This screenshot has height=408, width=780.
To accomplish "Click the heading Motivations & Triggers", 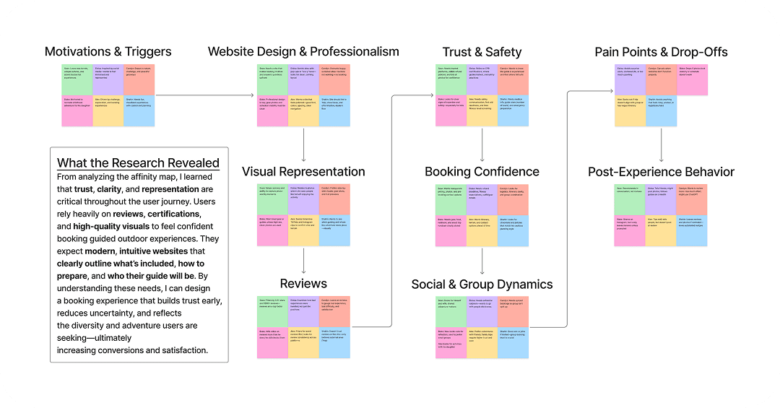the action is pyautogui.click(x=108, y=51).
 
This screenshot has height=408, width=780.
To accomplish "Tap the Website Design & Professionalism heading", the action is pyautogui.click(x=303, y=51).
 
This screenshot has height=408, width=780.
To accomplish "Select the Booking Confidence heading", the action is pyautogui.click(x=482, y=172).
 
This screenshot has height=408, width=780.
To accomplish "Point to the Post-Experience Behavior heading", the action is pyautogui.click(x=661, y=172).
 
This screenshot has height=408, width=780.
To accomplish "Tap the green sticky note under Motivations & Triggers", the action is pyautogui.click(x=77, y=79).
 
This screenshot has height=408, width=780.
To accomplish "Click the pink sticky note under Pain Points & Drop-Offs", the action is pyautogui.click(x=693, y=79).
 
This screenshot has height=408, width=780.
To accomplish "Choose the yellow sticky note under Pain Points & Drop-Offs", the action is pyautogui.click(x=630, y=111).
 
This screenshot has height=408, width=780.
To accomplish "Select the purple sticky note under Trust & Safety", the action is pyautogui.click(x=482, y=79).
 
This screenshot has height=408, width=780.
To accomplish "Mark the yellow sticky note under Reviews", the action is pyautogui.click(x=303, y=342).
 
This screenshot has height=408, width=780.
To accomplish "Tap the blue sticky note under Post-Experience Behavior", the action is pyautogui.click(x=693, y=230).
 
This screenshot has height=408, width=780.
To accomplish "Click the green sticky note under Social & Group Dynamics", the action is pyautogui.click(x=451, y=311).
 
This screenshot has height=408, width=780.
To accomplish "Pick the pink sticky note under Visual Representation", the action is pyautogui.click(x=272, y=230).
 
